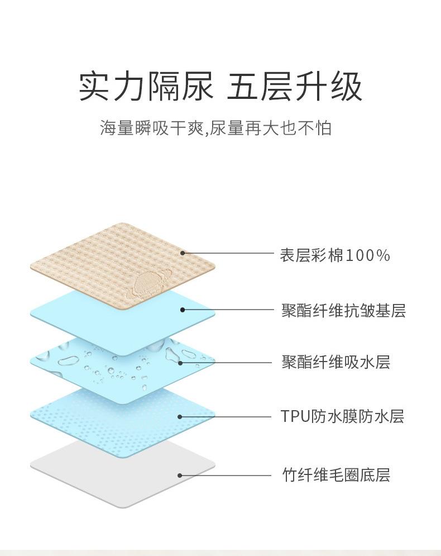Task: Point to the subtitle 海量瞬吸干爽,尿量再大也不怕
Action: click(x=215, y=128)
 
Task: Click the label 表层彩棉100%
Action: click(x=334, y=255)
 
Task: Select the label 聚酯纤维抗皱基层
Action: click(x=343, y=310)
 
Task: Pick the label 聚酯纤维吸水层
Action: click(x=335, y=362)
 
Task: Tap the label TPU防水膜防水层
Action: click(x=342, y=416)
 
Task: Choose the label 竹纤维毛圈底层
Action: click(x=335, y=476)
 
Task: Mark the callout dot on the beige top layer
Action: click(x=183, y=253)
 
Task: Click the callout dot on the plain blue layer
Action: click(x=182, y=310)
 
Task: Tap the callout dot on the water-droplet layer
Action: click(x=180, y=363)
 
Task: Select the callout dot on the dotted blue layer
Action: click(x=180, y=416)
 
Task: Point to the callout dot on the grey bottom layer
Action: click(x=180, y=476)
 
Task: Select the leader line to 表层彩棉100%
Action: click(x=229, y=253)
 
